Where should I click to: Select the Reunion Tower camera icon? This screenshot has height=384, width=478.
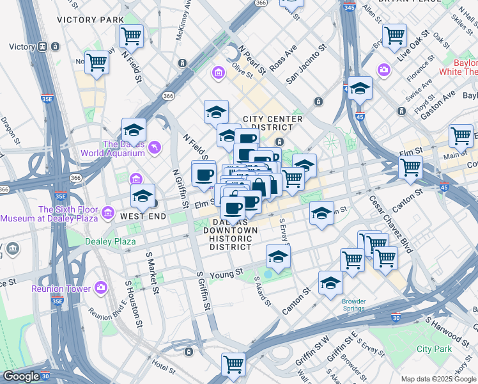click(101, 288)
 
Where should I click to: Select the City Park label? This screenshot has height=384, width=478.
click(434, 349)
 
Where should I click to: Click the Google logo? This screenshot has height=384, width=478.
click(21, 376)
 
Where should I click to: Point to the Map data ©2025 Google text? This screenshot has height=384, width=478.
click(438, 379)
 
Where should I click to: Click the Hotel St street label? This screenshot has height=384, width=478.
click(164, 365)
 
